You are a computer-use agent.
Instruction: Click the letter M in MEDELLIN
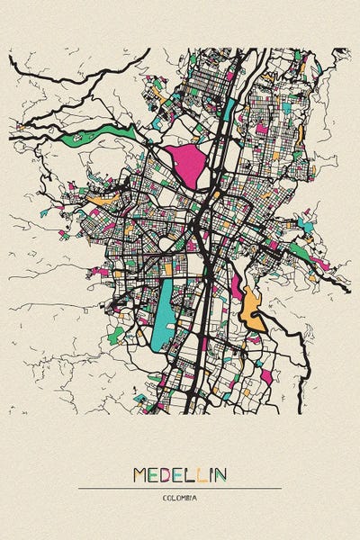point(141,474)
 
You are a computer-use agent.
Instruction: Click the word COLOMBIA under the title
point(180,498)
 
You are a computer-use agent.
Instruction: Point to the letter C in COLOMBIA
point(165,498)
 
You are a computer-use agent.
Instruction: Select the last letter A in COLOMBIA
point(195,498)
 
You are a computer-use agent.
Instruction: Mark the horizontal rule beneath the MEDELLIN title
point(180,489)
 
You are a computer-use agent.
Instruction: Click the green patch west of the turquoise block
point(115,335)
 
